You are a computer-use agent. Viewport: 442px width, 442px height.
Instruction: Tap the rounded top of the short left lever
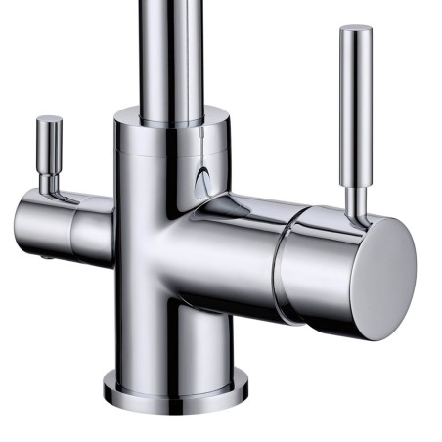[49, 121]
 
